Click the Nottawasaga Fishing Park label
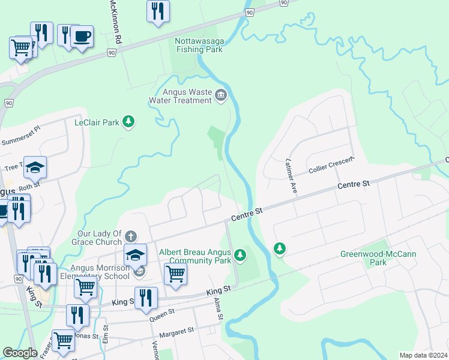199,45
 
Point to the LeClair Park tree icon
128,122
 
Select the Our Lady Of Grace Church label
100,238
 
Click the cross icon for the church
131,236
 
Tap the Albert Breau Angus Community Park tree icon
240,256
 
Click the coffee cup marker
82,36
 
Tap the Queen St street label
164,313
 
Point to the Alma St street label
218,309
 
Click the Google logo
20,353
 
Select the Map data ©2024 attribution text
422,355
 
